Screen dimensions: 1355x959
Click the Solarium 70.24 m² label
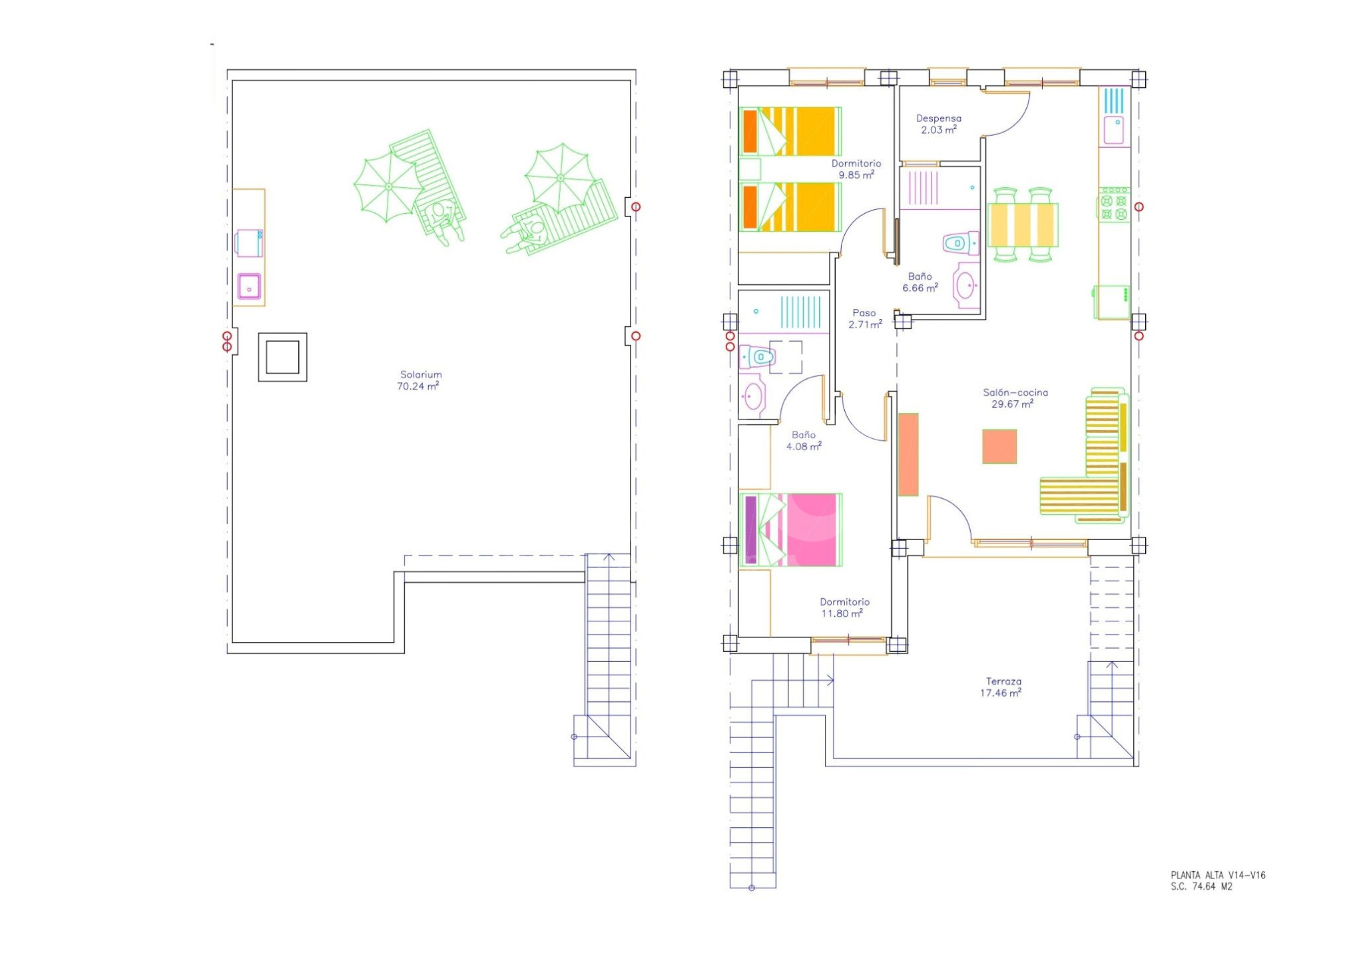[419, 380]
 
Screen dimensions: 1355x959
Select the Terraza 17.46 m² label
[1001, 687]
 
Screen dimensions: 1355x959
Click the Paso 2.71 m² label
[865, 318]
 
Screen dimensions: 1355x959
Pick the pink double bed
[790, 530]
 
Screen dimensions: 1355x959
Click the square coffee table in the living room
[999, 446]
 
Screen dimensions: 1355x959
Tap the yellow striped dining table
[1023, 225]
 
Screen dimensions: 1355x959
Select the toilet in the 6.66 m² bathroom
[961, 243]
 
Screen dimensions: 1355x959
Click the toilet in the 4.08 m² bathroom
[757, 357]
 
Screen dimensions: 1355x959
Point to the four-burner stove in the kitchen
[1114, 204]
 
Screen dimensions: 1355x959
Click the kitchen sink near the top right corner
[1114, 130]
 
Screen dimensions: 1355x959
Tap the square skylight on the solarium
[282, 357]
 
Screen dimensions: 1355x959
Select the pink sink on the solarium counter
[250, 286]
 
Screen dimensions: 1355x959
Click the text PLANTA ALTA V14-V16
[1218, 875]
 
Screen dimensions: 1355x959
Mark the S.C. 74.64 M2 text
[1201, 886]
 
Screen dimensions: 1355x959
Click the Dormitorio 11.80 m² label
[844, 607]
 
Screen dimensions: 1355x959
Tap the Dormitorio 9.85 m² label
[856, 169]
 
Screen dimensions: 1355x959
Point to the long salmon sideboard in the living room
[908, 454]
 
